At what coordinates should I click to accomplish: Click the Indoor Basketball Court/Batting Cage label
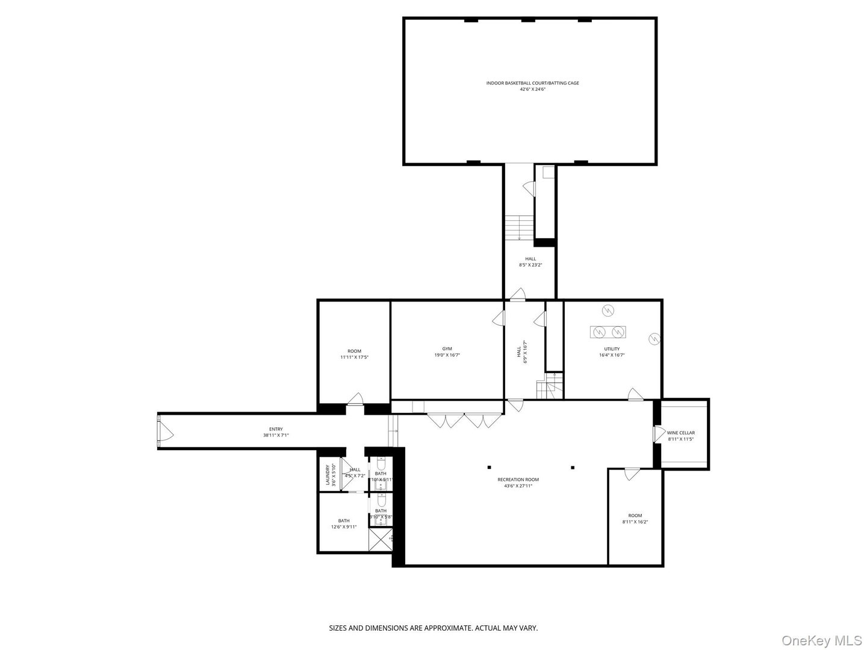[x=532, y=83]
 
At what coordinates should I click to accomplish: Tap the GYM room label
[x=447, y=348]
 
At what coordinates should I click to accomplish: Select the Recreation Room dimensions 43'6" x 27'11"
[x=518, y=486]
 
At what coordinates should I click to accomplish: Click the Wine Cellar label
[x=681, y=433]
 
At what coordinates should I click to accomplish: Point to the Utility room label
[x=612, y=348]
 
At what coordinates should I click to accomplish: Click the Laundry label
[x=328, y=474]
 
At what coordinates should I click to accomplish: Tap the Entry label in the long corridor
[x=276, y=429]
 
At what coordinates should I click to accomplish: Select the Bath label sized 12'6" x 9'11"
[x=343, y=521]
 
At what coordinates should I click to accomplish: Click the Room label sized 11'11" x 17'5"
[x=354, y=351]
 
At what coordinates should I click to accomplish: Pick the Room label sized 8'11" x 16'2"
[x=635, y=515]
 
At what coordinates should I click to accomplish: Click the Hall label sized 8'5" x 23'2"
[x=530, y=259]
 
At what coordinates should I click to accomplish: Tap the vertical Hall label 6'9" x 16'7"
[x=519, y=351]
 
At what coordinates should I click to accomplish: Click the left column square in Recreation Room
[x=489, y=467]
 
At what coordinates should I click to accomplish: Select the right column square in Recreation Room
[x=573, y=467]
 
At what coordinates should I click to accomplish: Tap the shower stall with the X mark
[x=382, y=540]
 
